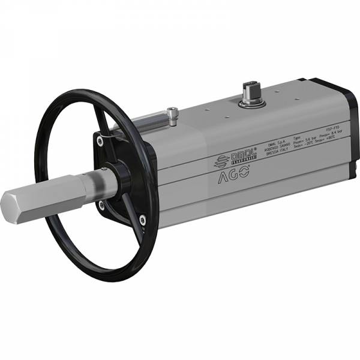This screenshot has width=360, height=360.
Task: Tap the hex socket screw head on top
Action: tap(173, 110)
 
